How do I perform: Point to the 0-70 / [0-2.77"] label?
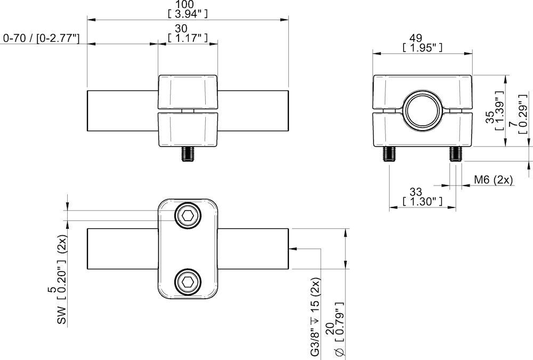(x=42, y=38)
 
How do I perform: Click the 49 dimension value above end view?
(x=422, y=38)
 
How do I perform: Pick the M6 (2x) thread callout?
(x=493, y=180)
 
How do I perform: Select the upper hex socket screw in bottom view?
(x=188, y=216)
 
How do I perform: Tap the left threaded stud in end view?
(x=389, y=154)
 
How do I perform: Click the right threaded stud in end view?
(x=455, y=154)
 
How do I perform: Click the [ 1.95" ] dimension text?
(x=422, y=48)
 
